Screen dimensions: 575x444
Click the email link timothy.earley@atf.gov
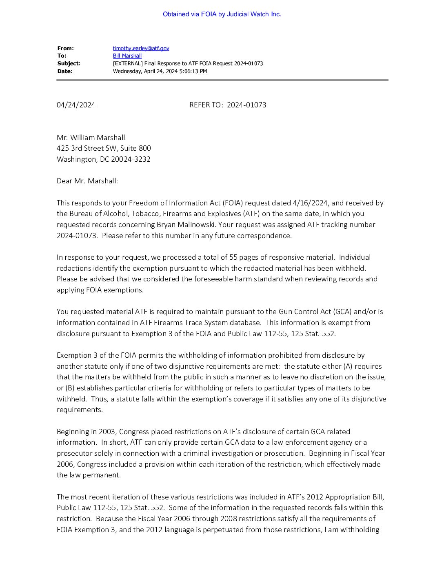[141, 48]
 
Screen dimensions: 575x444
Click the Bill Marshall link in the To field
[127, 56]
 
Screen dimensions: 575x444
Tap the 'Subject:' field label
[69, 64]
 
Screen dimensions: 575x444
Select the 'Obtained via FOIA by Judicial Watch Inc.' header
[222, 14]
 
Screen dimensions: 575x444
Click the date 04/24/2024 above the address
[76, 105]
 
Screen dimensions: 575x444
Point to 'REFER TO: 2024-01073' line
[228, 105]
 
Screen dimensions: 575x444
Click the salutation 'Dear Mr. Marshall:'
[87, 181]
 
